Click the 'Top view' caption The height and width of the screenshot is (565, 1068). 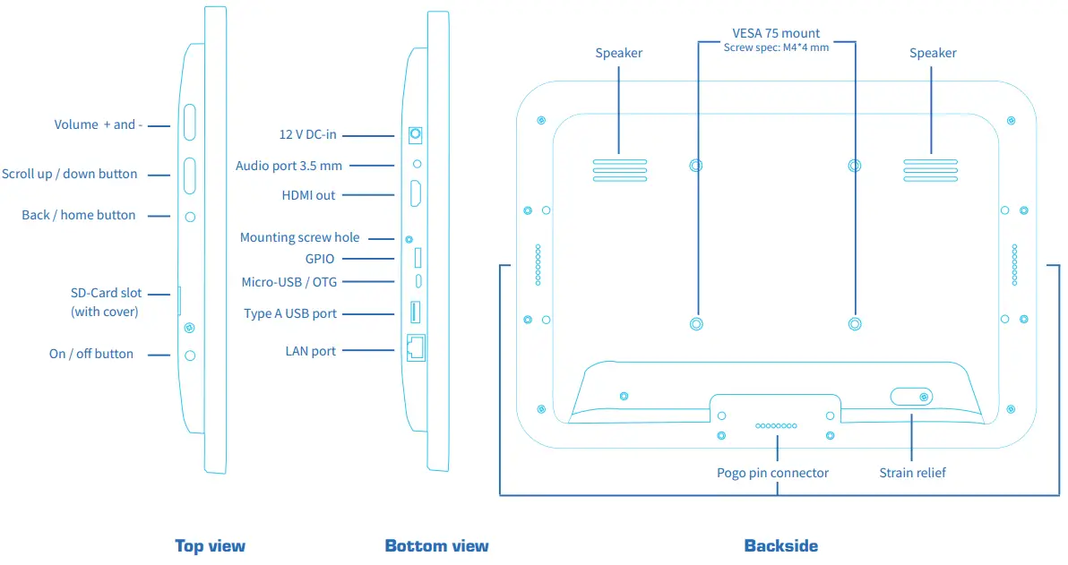point(210,546)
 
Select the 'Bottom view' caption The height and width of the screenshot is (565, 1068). point(436,546)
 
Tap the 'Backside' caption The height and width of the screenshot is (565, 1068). point(781,546)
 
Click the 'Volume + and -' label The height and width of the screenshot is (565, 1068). point(99,124)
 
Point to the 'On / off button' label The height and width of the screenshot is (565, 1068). point(91,354)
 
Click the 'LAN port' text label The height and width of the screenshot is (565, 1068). point(311,351)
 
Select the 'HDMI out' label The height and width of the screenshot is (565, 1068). point(308,195)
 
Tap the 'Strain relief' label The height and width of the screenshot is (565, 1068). point(913,473)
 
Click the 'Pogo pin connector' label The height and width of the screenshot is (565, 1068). point(772,473)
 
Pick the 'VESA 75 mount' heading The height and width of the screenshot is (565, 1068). point(776,32)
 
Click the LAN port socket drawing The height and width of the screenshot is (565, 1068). point(416,347)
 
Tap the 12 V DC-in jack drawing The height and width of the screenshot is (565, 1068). point(415,135)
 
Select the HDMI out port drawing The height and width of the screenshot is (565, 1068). point(415,194)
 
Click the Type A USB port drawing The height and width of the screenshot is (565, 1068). point(415,312)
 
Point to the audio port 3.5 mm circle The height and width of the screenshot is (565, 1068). point(417,164)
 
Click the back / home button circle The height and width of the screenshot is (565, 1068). point(190,218)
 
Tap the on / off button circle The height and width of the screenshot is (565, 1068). point(190,355)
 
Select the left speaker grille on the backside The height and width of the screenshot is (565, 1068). point(620,170)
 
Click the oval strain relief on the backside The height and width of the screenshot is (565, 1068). point(911,396)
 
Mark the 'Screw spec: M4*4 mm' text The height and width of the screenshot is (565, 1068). point(776,47)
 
